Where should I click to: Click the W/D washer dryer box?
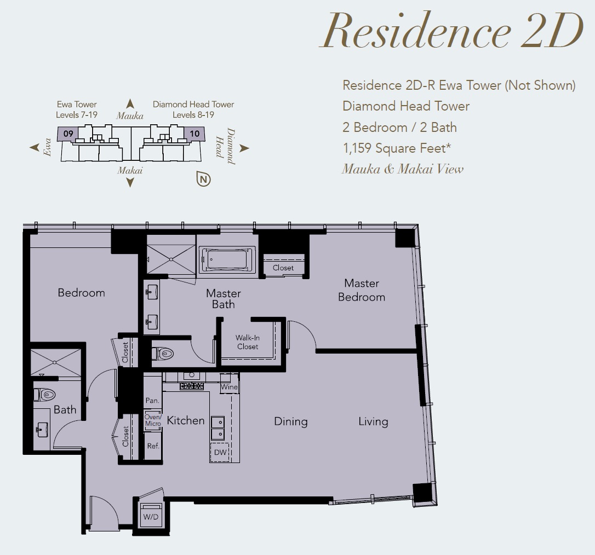click(151, 515)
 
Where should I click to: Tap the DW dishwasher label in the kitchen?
click(220, 452)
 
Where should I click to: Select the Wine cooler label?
click(229, 387)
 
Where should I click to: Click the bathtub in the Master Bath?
click(227, 259)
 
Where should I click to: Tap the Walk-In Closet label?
click(248, 342)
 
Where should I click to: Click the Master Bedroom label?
click(362, 290)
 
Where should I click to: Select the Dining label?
click(291, 421)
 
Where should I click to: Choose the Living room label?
click(374, 421)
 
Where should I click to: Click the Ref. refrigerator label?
click(153, 446)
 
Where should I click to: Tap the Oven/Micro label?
click(153, 420)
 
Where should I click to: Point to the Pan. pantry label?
click(152, 400)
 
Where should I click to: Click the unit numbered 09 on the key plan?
click(68, 134)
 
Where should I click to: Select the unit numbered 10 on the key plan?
click(194, 134)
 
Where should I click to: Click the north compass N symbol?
click(203, 179)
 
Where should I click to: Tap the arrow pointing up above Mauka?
click(130, 103)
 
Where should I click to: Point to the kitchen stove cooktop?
click(192, 386)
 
